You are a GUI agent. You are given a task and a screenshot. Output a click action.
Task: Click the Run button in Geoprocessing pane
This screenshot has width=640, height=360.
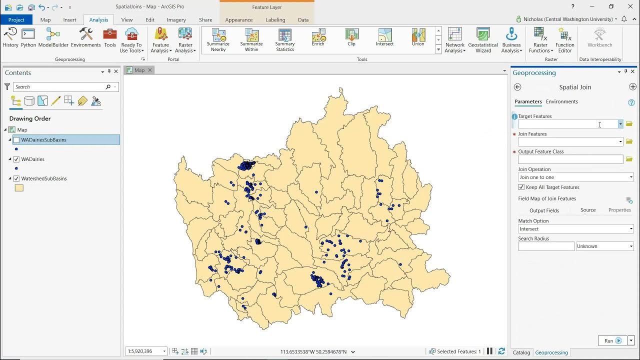pyautogui.click(x=612, y=340)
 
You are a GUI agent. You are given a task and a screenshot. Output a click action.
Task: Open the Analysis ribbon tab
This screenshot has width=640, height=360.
pyautogui.click(x=98, y=19)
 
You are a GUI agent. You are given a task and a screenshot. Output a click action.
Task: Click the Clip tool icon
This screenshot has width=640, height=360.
pyautogui.click(x=351, y=37)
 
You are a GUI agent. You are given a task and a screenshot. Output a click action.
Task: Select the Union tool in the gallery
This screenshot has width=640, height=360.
pyautogui.click(x=418, y=37)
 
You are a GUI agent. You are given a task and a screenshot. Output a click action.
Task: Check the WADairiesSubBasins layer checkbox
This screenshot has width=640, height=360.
pyautogui.click(x=16, y=140)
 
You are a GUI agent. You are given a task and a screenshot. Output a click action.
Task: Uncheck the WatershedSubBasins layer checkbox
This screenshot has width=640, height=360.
pyautogui.click(x=16, y=178)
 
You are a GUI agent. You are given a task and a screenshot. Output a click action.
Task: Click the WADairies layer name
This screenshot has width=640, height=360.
pyautogui.click(x=32, y=159)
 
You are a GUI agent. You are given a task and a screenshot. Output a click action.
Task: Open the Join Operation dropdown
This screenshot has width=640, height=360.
pyautogui.click(x=575, y=177)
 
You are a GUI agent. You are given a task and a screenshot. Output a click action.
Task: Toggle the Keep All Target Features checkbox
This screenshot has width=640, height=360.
pyautogui.click(x=521, y=187)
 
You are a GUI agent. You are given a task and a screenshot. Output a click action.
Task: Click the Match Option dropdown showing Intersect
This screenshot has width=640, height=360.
pyautogui.click(x=575, y=229)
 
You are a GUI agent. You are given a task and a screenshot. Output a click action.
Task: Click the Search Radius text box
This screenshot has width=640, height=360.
pyautogui.click(x=546, y=246)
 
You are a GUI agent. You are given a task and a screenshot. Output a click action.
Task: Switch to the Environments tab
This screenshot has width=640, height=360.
pyautogui.click(x=561, y=101)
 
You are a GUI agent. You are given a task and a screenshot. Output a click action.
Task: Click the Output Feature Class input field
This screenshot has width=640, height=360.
pyautogui.click(x=570, y=159)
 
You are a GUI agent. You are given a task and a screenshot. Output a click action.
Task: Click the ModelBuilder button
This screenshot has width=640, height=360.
pyautogui.click(x=53, y=37)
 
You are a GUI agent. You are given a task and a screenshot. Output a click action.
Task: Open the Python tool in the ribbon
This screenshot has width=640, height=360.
pyautogui.click(x=28, y=37)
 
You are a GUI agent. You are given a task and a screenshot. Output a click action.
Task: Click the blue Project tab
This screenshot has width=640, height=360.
pyautogui.click(x=16, y=19)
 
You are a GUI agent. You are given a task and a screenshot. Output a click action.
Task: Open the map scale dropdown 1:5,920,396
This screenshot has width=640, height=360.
pyautogui.click(x=146, y=351)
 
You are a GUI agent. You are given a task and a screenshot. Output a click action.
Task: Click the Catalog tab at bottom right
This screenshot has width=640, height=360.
pyautogui.click(x=521, y=352)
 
